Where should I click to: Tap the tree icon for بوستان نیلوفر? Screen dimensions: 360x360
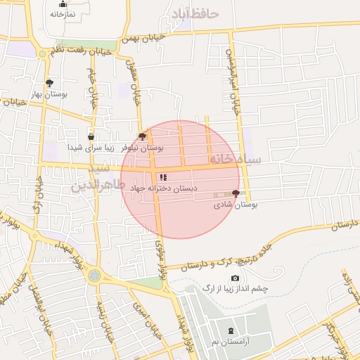click(143, 136)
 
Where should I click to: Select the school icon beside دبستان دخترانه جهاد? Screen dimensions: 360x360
click(163, 178)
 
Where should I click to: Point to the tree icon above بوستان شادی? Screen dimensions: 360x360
click(236, 193)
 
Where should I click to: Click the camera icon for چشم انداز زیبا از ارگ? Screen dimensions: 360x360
click(235, 278)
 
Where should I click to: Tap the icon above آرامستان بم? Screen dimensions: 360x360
click(231, 330)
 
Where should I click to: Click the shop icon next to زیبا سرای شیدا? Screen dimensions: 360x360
click(91, 137)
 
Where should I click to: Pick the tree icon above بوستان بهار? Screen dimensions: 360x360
click(49, 82)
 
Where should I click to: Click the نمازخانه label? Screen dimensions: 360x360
click(63, 14)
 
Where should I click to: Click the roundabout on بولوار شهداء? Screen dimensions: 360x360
click(94, 276)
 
